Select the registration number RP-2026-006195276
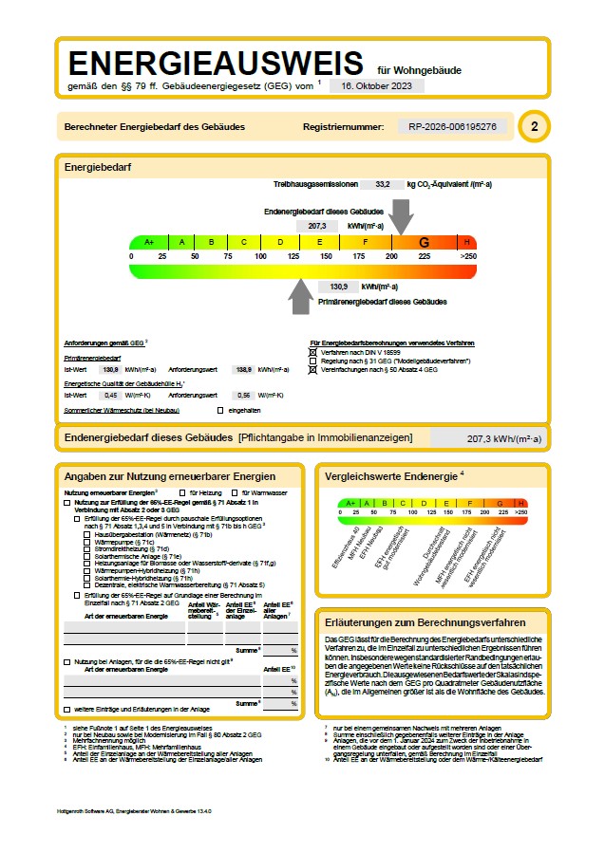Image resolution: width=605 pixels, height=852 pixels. (x=452, y=126)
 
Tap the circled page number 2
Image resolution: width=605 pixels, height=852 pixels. (x=535, y=126)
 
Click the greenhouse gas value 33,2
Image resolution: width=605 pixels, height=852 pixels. (x=383, y=184)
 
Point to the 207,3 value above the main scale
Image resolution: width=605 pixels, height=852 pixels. (x=317, y=226)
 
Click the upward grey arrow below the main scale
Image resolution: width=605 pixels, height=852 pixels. (x=301, y=296)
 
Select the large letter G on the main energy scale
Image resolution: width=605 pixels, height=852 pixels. (x=424, y=242)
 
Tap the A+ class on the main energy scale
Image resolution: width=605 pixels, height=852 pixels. (x=148, y=242)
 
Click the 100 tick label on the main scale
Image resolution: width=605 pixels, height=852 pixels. (x=260, y=257)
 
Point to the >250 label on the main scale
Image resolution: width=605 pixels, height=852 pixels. (x=467, y=257)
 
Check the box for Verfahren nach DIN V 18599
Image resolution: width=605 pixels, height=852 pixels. (x=313, y=352)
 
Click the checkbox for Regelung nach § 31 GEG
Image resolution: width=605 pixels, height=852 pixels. (x=313, y=361)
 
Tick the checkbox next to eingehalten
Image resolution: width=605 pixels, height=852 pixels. (x=219, y=410)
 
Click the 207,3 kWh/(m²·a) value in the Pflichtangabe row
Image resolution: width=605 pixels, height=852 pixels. (x=503, y=438)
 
